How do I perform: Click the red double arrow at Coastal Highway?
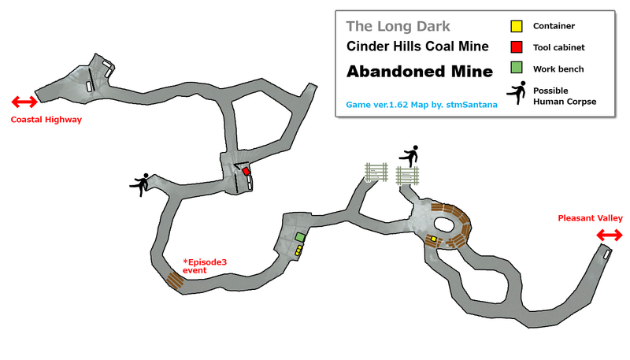(x=24, y=102)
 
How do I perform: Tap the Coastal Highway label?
(x=46, y=121)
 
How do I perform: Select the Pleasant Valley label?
(x=590, y=218)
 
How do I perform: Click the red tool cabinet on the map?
(x=246, y=171)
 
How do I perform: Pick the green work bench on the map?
(x=299, y=237)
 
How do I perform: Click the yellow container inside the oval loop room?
(x=433, y=238)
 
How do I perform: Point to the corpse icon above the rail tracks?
(x=409, y=156)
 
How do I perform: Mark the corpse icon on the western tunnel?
(x=140, y=185)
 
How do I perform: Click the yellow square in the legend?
(x=517, y=25)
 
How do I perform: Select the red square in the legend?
(x=517, y=47)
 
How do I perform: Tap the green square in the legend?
(x=517, y=69)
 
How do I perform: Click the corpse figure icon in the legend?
(x=517, y=95)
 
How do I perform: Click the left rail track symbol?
(x=377, y=172)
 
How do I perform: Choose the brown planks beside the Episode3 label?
(x=176, y=280)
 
